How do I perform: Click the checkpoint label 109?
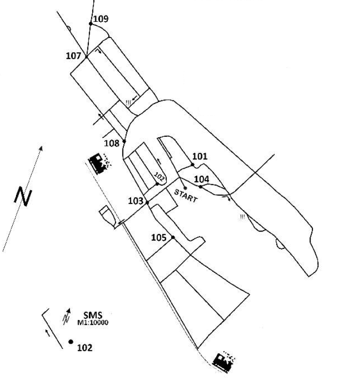point(101,19)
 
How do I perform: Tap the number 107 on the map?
point(73,56)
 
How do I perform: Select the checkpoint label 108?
point(112,143)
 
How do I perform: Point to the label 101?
point(200,156)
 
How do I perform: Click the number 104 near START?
point(202,179)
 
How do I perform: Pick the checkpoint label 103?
point(136,201)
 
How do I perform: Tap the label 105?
point(159,237)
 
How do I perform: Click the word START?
point(186,196)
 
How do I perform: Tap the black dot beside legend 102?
point(71,342)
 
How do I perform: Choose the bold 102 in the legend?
point(85,347)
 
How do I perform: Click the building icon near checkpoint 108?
point(100,164)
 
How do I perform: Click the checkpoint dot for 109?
point(91,23)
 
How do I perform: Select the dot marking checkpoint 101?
point(193,165)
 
